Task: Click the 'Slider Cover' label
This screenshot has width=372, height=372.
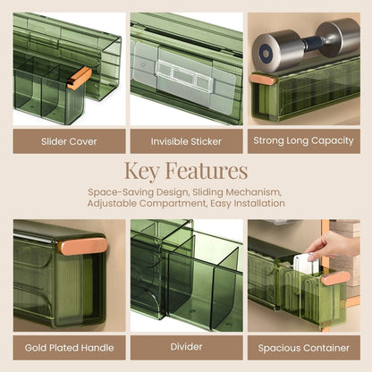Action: pos(70,140)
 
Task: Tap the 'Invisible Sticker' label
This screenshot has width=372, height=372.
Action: pos(186,140)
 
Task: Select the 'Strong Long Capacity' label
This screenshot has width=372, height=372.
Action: pos(302,140)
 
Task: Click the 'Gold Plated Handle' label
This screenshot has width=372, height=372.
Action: pos(70,347)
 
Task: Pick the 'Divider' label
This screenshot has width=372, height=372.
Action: pos(186,347)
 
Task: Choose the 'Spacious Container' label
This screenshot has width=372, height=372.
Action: pos(302,347)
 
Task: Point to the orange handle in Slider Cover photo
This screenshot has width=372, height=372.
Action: pos(79,80)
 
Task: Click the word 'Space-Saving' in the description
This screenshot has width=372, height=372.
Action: pos(123,192)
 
